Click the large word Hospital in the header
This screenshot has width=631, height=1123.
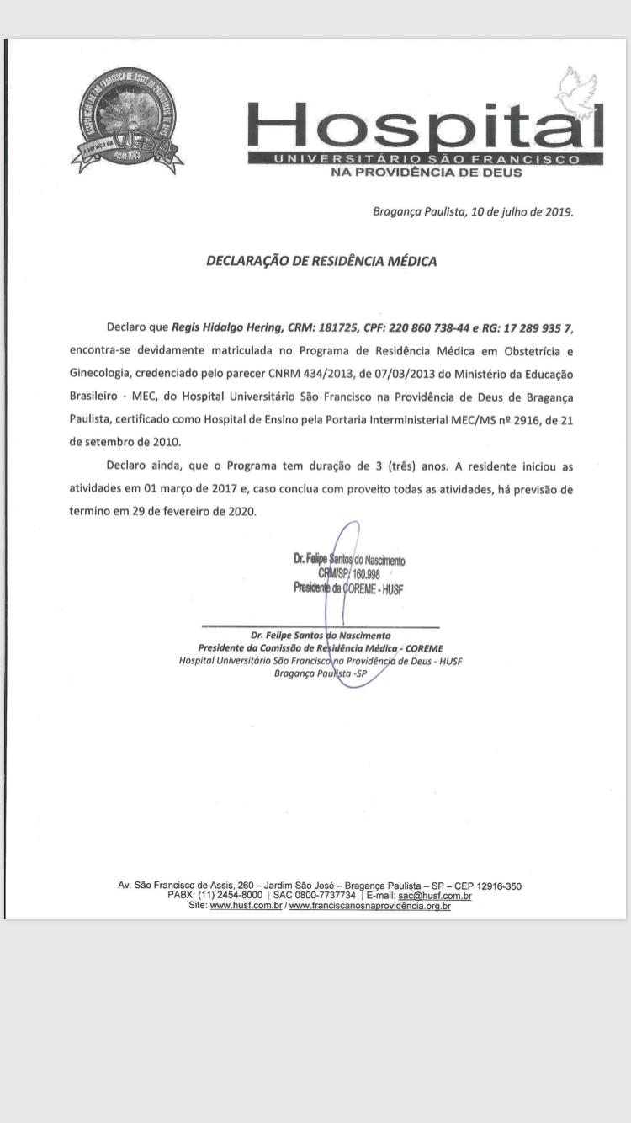tap(425, 126)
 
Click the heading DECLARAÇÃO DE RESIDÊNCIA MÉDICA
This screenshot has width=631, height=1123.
tap(321, 261)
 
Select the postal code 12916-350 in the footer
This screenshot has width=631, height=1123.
tap(499, 886)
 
